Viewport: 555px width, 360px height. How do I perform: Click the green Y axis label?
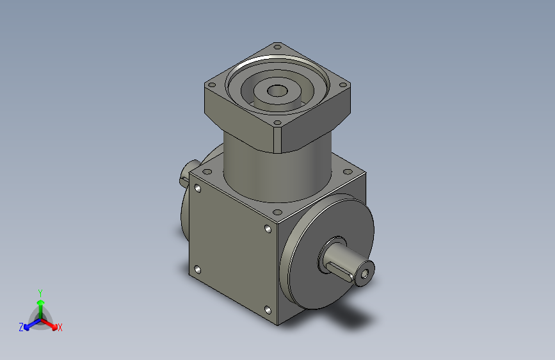click(x=40, y=293)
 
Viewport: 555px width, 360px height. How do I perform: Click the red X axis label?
click(x=60, y=327)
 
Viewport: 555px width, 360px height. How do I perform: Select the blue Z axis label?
click(x=21, y=327)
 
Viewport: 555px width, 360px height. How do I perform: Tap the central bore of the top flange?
click(x=278, y=90)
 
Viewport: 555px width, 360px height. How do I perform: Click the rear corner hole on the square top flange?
click(x=277, y=46)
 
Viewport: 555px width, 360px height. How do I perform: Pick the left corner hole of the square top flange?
click(x=212, y=85)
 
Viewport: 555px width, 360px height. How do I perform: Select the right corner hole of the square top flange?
click(x=342, y=85)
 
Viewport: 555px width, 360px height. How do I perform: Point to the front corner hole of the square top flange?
click(x=278, y=123)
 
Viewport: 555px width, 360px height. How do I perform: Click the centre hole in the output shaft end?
click(x=366, y=274)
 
